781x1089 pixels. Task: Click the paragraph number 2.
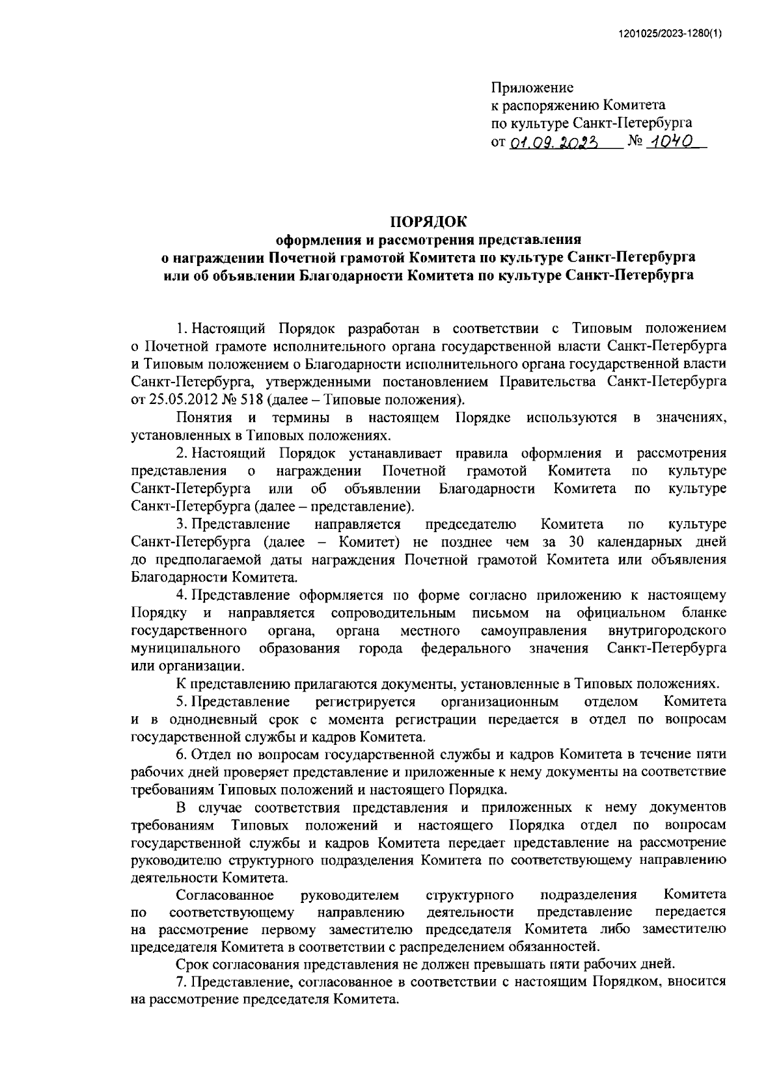(x=180, y=453)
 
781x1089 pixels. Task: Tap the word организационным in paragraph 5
(x=500, y=702)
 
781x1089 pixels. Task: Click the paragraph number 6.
(x=180, y=755)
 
